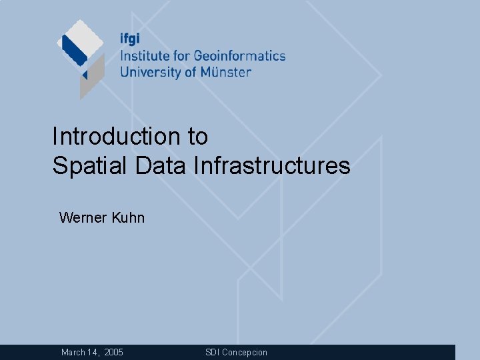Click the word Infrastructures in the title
271,165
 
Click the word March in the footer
73,352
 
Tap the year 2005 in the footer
113,352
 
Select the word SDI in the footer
212,352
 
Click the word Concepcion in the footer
245,352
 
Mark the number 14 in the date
93,352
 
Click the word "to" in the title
197,137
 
